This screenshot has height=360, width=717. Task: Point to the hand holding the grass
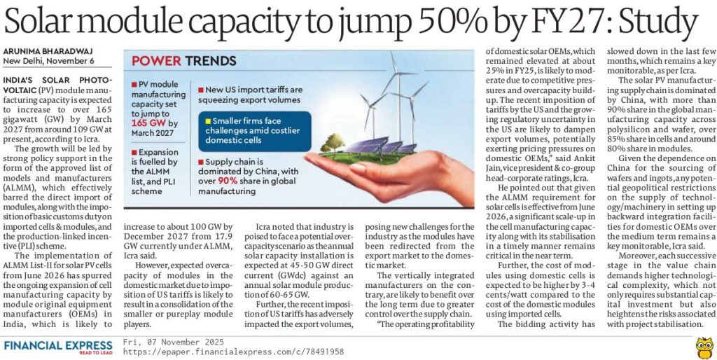point(392,175)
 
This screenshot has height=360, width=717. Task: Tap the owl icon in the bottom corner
point(703,346)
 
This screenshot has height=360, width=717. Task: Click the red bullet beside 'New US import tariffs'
point(202,90)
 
